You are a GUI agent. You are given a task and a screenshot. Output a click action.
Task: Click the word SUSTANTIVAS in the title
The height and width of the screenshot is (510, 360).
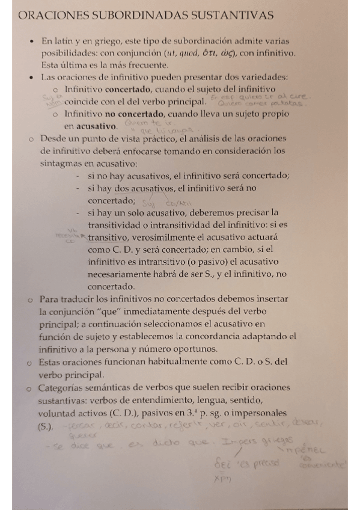pos(224,15)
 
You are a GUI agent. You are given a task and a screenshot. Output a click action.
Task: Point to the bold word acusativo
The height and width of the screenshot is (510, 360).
pos(94,126)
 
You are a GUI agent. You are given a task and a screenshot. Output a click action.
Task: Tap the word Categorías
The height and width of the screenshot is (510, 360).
pos(64,388)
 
